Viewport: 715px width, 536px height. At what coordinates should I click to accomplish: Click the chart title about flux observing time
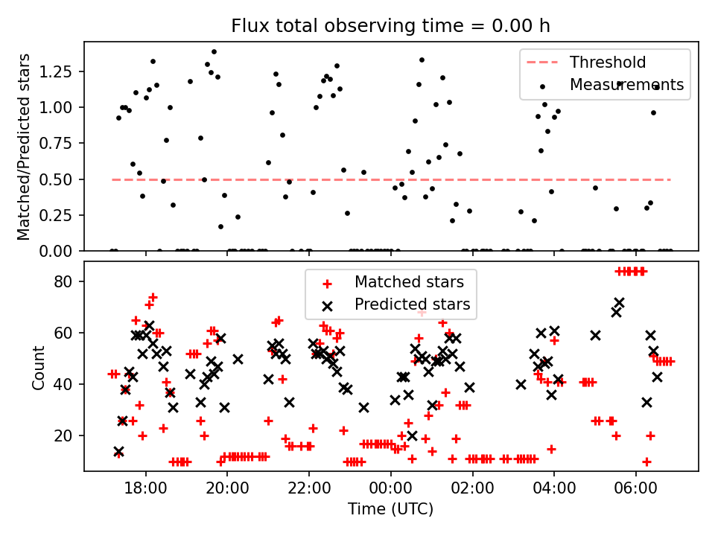(x=391, y=26)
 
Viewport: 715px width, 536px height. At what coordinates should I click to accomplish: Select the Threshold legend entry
(x=608, y=63)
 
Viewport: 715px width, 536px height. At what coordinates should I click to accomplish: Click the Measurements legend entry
(x=626, y=85)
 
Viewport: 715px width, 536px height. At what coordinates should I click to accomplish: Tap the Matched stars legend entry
(x=409, y=282)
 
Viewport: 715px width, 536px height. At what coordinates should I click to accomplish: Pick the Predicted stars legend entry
(x=412, y=304)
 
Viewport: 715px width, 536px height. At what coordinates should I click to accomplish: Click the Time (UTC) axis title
(x=390, y=510)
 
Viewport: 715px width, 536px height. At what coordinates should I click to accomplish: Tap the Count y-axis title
(x=38, y=366)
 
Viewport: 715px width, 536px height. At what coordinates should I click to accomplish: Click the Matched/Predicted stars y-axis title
(x=24, y=147)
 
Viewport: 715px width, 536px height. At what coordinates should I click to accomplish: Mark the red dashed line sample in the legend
(x=542, y=63)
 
